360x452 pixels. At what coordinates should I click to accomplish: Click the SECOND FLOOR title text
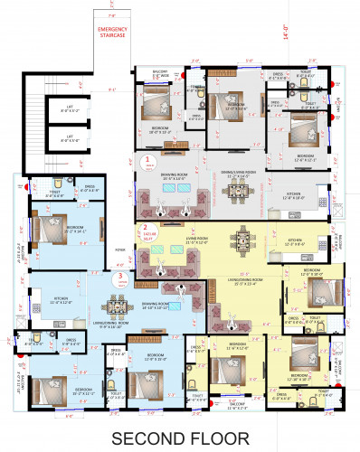(180, 438)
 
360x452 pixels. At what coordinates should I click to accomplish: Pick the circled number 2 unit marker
(143, 230)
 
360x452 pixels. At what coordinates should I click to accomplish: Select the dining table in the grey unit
(237, 191)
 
